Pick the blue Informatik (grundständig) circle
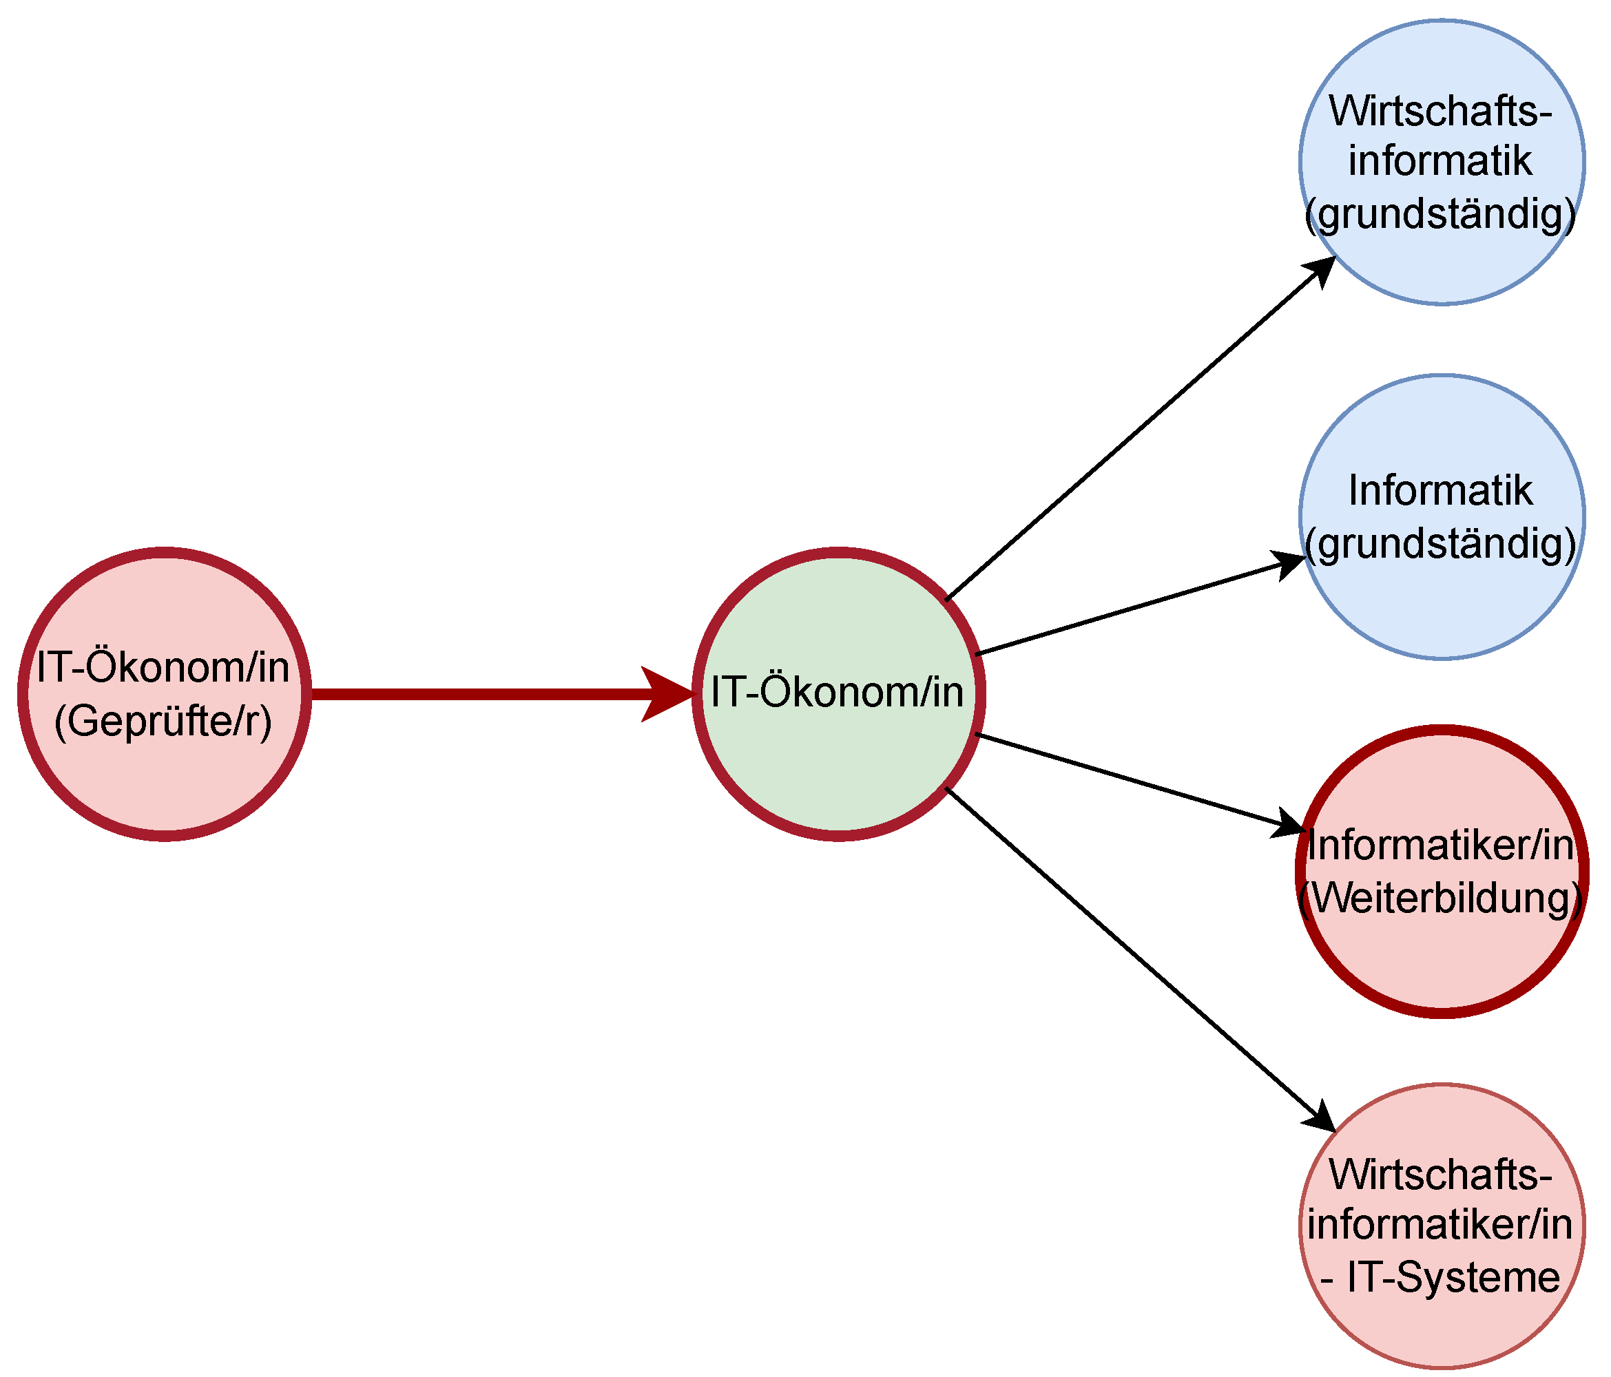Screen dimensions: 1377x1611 click(x=1441, y=606)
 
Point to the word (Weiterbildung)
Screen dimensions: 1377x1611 click(x=1441, y=898)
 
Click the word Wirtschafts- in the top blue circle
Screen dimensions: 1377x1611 click(x=1441, y=111)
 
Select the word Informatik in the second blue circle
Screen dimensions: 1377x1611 click(x=1441, y=491)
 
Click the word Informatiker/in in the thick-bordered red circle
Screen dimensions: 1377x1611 click(x=1441, y=845)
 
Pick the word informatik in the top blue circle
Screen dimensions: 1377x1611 click(x=1441, y=161)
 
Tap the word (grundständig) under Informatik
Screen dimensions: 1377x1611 click(x=1441, y=544)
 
